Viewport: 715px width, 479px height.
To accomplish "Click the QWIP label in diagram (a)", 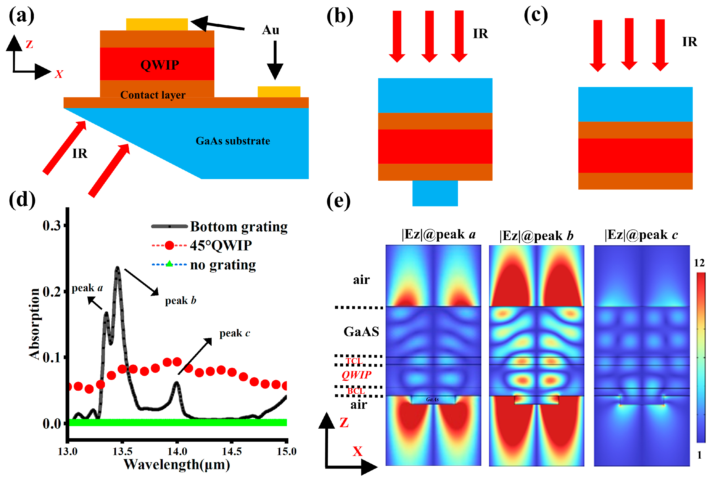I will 160,65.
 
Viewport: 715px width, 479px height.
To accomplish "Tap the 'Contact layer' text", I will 153,95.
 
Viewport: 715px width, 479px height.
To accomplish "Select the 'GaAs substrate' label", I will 233,141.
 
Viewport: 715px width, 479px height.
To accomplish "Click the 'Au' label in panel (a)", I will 271,30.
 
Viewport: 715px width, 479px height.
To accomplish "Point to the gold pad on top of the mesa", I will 157,24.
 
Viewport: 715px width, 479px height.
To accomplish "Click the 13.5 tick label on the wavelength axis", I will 122,451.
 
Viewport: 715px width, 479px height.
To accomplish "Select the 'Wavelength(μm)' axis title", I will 177,465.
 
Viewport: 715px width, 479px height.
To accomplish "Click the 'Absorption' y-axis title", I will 34,324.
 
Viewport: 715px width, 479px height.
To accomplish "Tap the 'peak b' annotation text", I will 180,301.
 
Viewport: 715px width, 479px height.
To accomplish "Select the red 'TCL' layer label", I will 354,361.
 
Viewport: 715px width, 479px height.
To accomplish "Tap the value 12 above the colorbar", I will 699,263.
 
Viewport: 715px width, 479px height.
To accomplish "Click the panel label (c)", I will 536,15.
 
